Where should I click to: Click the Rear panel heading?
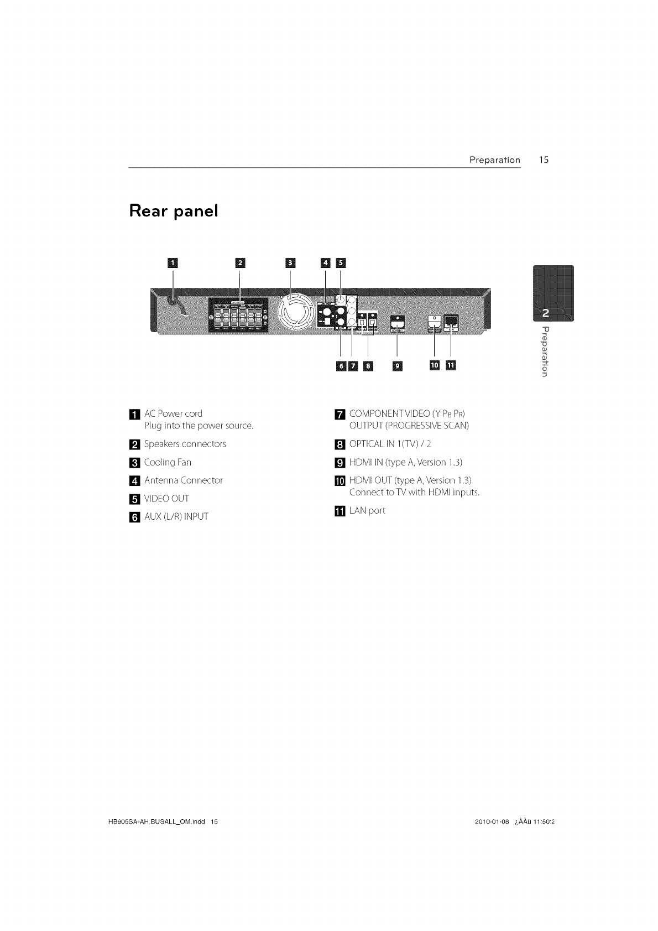pos(174,211)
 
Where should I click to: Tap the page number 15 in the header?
pos(544,160)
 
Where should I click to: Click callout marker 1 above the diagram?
pos(173,262)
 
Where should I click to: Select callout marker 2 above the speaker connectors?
pos(239,262)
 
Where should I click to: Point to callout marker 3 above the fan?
pos(290,262)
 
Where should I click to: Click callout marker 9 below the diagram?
pos(398,365)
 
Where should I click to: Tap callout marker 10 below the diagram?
pos(435,365)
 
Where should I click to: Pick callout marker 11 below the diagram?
pos(451,365)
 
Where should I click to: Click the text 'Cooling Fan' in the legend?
pos(168,462)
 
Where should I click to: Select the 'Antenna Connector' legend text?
pos(183,480)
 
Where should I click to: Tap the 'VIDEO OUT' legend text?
pos(166,499)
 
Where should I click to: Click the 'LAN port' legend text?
pos(367,511)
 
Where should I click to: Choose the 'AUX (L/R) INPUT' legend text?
pos(176,517)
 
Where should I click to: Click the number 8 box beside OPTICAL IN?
pos(340,444)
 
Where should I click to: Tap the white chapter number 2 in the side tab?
pos(546,313)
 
